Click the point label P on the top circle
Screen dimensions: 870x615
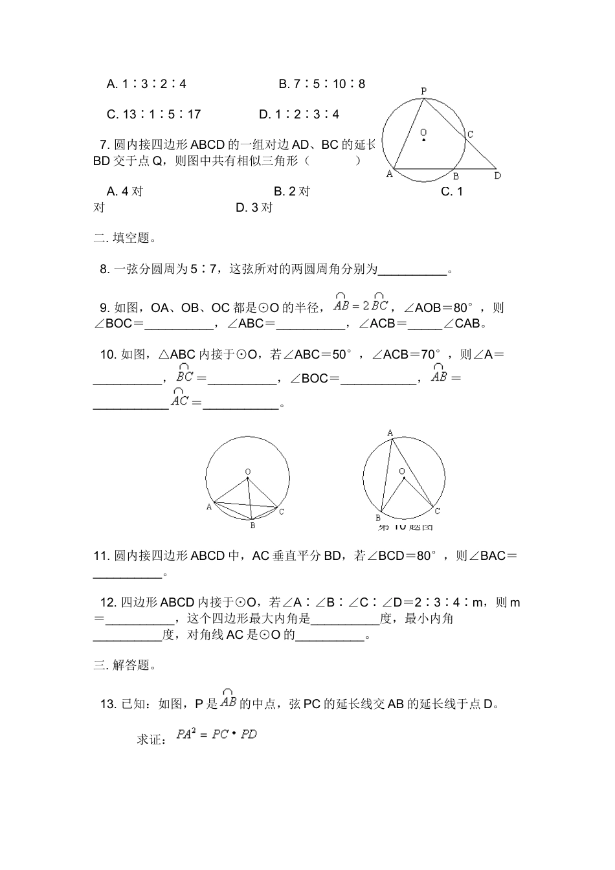click(423, 91)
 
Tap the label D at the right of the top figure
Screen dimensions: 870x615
click(497, 175)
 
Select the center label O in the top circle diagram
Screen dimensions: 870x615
click(423, 132)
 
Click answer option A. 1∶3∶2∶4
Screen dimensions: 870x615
click(146, 84)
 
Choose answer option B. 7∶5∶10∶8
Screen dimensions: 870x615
click(322, 84)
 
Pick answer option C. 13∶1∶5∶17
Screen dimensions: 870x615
click(153, 114)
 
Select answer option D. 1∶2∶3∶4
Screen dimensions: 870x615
click(299, 114)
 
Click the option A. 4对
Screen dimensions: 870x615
click(125, 191)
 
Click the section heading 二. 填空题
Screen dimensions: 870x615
click(125, 238)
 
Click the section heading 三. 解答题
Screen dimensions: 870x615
click(125, 665)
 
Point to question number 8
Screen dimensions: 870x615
click(105, 269)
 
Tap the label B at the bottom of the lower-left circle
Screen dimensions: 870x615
click(252, 526)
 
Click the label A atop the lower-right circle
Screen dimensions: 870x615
click(390, 432)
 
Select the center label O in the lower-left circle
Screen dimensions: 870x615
click(248, 472)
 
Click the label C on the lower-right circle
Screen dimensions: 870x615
click(438, 511)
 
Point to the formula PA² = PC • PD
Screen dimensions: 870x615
click(217, 735)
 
